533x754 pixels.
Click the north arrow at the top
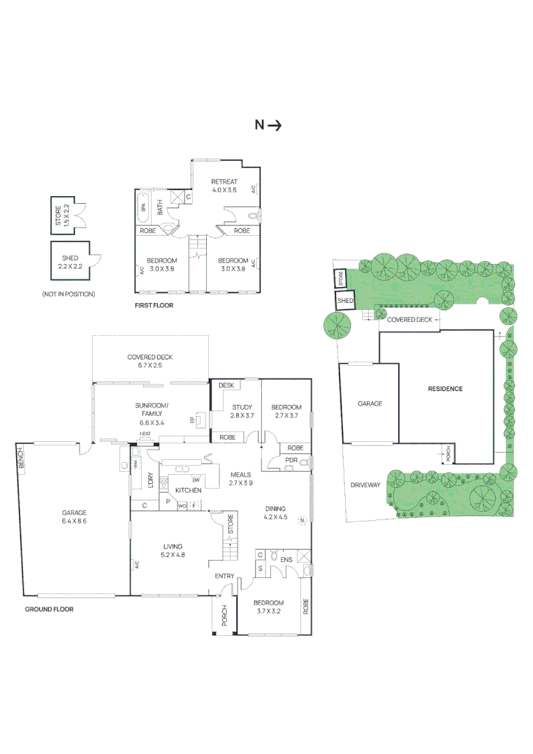268,126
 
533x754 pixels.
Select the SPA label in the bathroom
143,207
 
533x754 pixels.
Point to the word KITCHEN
188,490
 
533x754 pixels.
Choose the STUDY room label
242,407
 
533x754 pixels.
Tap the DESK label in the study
226,385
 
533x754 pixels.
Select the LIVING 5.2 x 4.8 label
173,550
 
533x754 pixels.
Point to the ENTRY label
224,576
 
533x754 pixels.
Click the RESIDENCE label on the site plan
445,389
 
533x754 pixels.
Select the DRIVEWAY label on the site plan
366,485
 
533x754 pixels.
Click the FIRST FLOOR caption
154,306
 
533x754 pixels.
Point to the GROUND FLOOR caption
49,609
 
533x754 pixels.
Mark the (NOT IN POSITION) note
68,294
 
